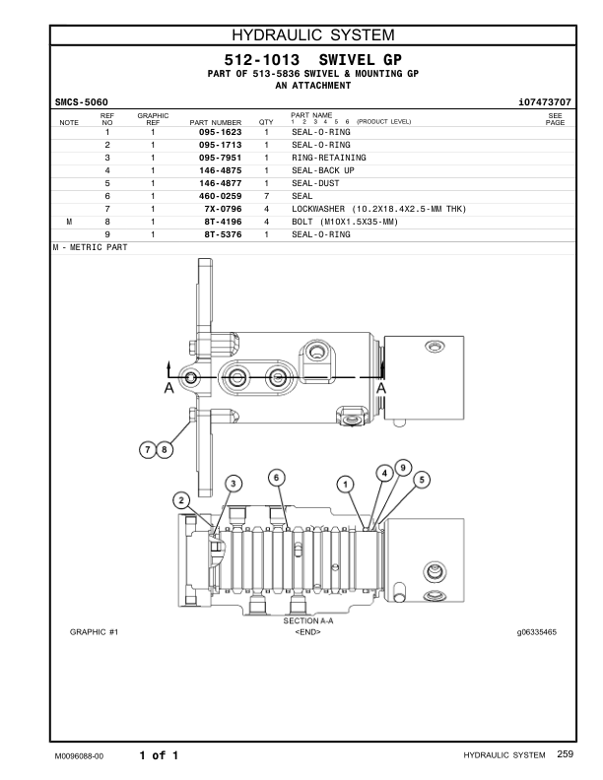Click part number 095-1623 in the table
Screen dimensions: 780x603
(220, 132)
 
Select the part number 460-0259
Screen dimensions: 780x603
(220, 196)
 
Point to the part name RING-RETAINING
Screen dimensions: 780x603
(328, 158)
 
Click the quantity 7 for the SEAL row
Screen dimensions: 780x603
(266, 196)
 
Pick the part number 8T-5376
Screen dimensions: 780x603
(223, 234)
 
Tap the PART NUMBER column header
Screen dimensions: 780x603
(208, 122)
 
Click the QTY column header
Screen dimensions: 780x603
(266, 122)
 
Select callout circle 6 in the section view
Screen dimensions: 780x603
(277, 477)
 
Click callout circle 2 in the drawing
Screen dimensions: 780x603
(181, 499)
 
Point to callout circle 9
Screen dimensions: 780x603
(402, 466)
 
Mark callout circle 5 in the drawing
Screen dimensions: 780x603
(422, 480)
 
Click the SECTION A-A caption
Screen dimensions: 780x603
(307, 621)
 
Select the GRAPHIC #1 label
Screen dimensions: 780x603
(94, 631)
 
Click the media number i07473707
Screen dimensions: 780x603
(543, 101)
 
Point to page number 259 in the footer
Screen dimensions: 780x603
(565, 754)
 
